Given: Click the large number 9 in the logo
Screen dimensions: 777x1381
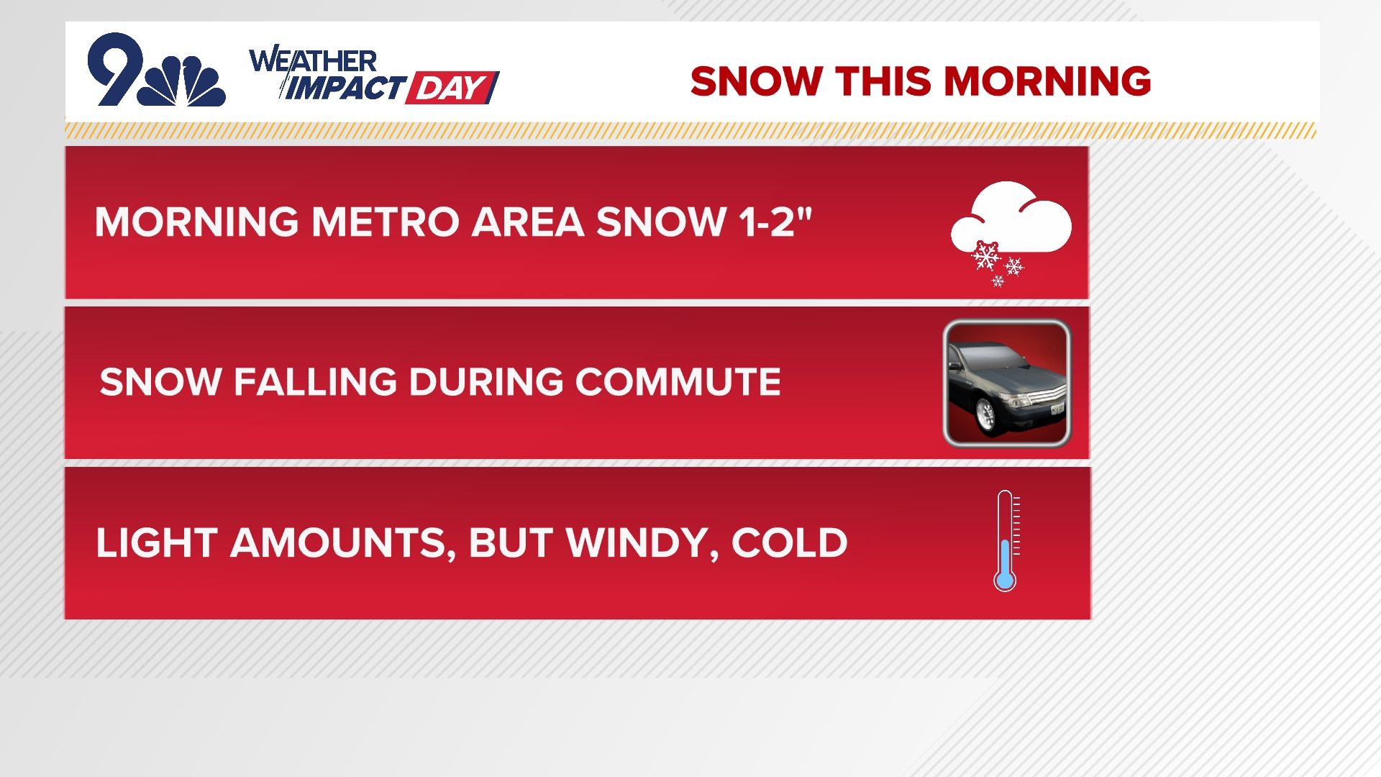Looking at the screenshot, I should click(x=115, y=68).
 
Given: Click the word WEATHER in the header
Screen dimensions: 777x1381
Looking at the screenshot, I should click(x=313, y=60).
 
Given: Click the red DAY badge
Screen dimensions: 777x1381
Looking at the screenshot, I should click(x=452, y=88).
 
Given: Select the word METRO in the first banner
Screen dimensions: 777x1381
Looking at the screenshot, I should click(x=385, y=222).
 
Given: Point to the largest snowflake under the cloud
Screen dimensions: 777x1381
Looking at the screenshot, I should click(x=985, y=255).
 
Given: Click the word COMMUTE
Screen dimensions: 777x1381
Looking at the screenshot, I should click(x=678, y=381).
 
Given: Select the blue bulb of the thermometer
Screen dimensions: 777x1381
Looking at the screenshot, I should click(x=1005, y=580).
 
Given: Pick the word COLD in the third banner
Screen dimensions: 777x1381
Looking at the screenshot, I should click(x=789, y=542).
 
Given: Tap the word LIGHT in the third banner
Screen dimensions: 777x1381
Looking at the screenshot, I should click(x=156, y=542).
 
